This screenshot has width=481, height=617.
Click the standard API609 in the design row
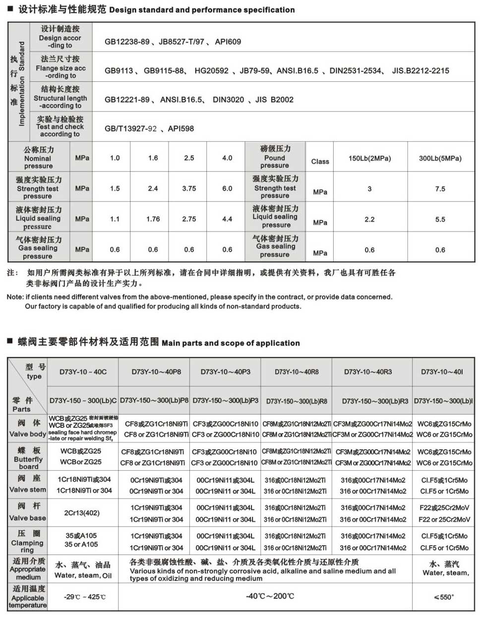click(x=228, y=42)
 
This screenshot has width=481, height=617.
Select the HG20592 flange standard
click(x=212, y=71)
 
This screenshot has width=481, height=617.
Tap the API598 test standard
click(x=181, y=129)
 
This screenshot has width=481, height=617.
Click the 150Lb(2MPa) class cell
click(x=369, y=159)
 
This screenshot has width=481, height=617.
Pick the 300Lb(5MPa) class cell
click(x=440, y=159)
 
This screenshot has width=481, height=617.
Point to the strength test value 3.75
click(x=189, y=189)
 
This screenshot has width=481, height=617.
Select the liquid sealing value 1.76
click(x=153, y=219)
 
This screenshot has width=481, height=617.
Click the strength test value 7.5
click(x=440, y=189)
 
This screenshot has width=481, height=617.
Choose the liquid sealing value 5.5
click(x=440, y=219)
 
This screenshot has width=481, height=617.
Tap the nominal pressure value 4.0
click(x=227, y=158)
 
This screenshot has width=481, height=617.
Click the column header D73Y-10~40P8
click(x=156, y=372)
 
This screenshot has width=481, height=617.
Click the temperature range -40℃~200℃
click(x=270, y=596)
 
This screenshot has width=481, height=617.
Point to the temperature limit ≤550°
click(x=444, y=597)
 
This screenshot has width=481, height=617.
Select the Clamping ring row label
click(x=28, y=542)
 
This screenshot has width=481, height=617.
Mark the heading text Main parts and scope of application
click(x=231, y=343)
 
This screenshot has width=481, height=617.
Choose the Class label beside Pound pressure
click(x=320, y=162)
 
